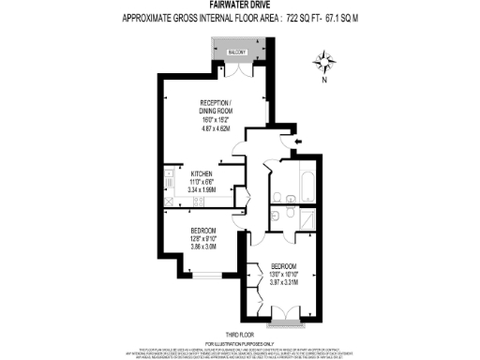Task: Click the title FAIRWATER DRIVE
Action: [240, 6]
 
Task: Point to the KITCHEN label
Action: [202, 174]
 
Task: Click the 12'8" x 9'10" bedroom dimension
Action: [203, 238]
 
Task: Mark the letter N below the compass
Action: [325, 82]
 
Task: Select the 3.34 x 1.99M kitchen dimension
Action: [202, 188]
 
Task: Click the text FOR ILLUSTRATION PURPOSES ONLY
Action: [240, 343]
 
